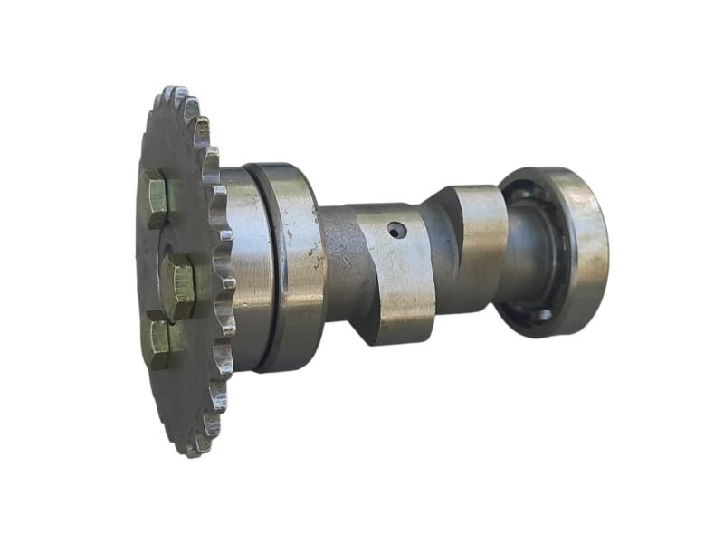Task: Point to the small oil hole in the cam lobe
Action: (x=395, y=231)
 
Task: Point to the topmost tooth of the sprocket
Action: (x=172, y=94)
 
